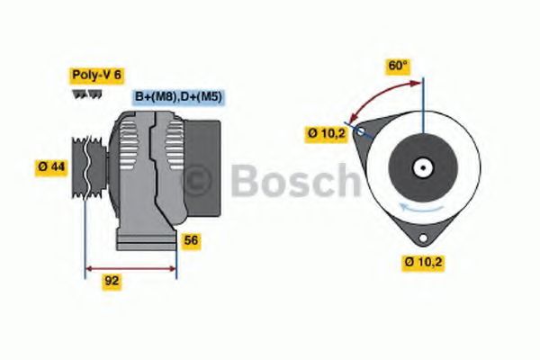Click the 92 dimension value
click(112, 281)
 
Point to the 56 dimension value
click(191, 240)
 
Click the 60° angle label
click(398, 66)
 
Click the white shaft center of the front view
click(421, 167)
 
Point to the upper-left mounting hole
click(362, 131)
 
